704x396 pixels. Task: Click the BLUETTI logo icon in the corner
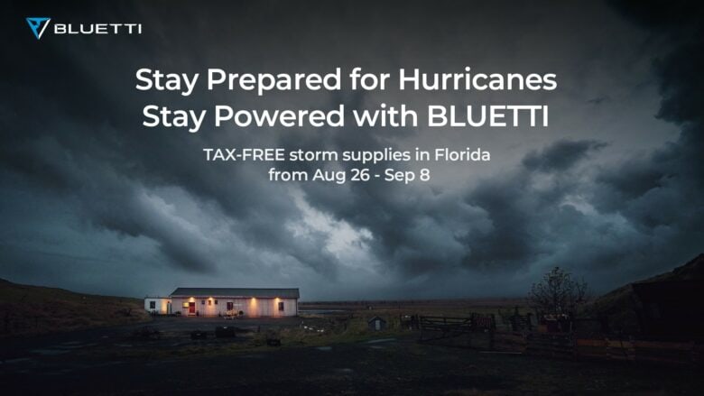[37, 28]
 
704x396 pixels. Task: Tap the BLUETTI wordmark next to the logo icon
[97, 29]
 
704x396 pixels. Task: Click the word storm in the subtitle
[311, 156]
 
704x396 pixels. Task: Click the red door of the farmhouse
[191, 308]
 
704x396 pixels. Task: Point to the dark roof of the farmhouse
[234, 293]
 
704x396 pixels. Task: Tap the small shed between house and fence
[377, 323]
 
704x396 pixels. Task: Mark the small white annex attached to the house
[156, 306]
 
